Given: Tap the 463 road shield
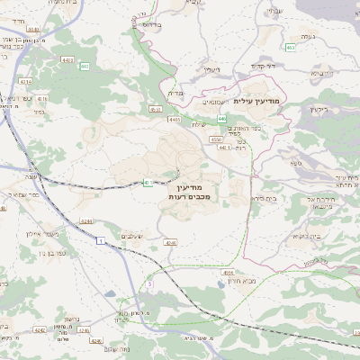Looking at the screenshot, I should (x=290, y=46).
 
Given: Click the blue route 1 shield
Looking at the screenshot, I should (x=103, y=240).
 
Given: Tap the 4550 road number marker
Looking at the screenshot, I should (x=215, y=139).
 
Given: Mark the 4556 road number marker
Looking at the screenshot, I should (x=228, y=272).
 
